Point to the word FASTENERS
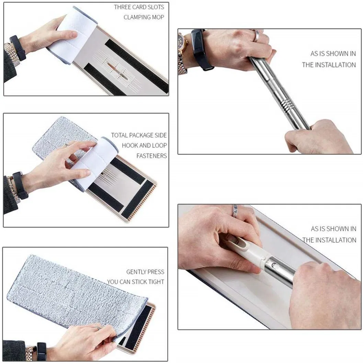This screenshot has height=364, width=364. [x=151, y=156]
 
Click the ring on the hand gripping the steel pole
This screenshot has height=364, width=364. [x=256, y=36]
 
